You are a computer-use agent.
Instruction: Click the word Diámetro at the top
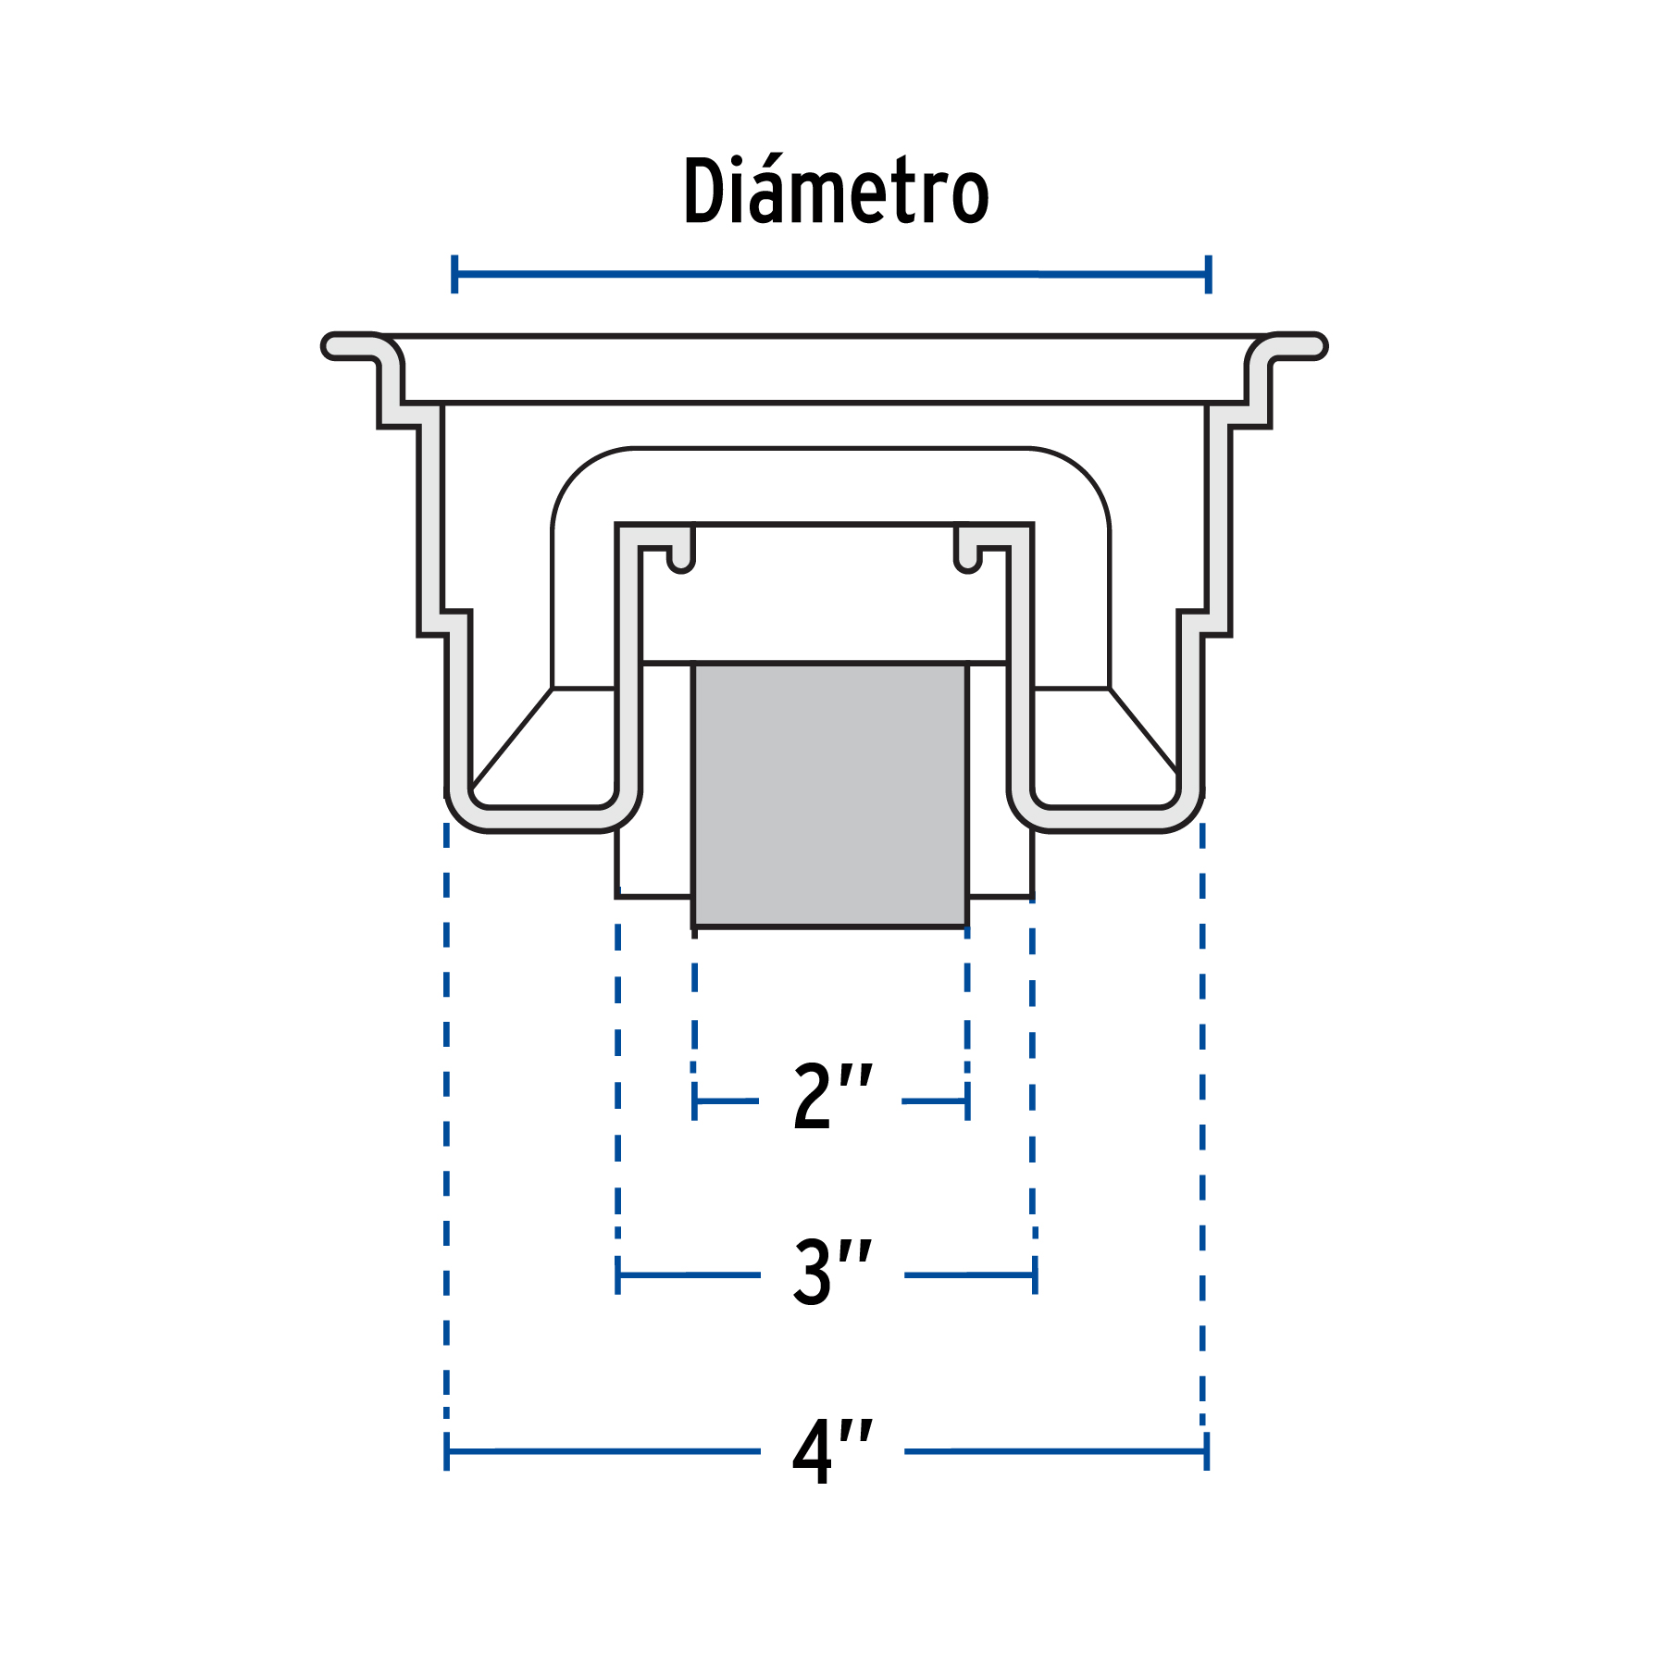[836, 192]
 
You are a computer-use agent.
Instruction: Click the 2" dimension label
[831, 1096]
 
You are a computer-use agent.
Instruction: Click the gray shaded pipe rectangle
[830, 794]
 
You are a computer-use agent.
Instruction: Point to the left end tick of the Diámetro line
[454, 274]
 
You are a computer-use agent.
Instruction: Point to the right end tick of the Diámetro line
[1208, 274]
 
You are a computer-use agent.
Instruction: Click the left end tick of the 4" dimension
[447, 1451]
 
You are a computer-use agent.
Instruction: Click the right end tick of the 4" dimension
[1207, 1451]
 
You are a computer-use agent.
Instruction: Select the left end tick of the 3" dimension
[618, 1275]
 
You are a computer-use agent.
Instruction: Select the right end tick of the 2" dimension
[967, 1101]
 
